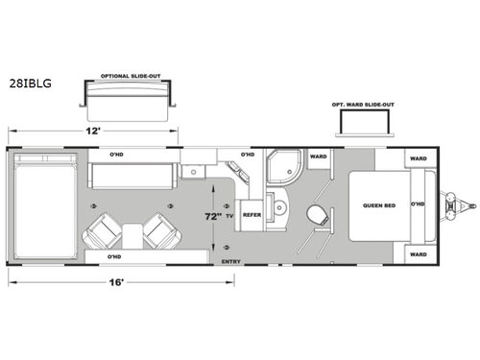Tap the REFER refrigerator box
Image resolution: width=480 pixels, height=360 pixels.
[x=252, y=215]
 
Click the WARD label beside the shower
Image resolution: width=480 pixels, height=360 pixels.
[x=318, y=156]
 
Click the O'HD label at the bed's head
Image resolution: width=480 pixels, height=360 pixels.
[x=418, y=205]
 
